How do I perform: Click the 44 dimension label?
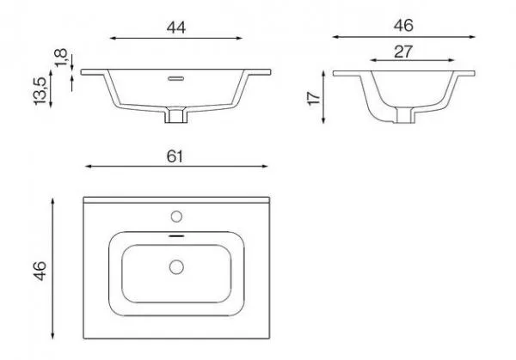[176, 27]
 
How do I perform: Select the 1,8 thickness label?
[61, 58]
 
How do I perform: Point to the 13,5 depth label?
[40, 91]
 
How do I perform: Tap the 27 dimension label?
[403, 52]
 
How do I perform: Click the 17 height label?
[314, 98]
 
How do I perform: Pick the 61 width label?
[175, 156]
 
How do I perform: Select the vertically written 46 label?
[40, 271]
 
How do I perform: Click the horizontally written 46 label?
[403, 26]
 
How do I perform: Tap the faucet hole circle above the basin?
[176, 217]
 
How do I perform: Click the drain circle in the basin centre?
[176, 267]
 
